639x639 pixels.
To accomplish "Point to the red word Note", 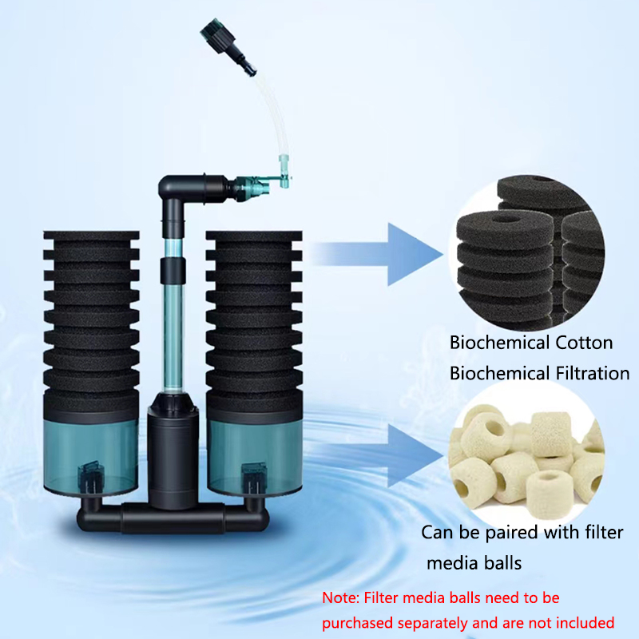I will tap(341, 597).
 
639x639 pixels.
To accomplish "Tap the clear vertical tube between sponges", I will tap(172, 319).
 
